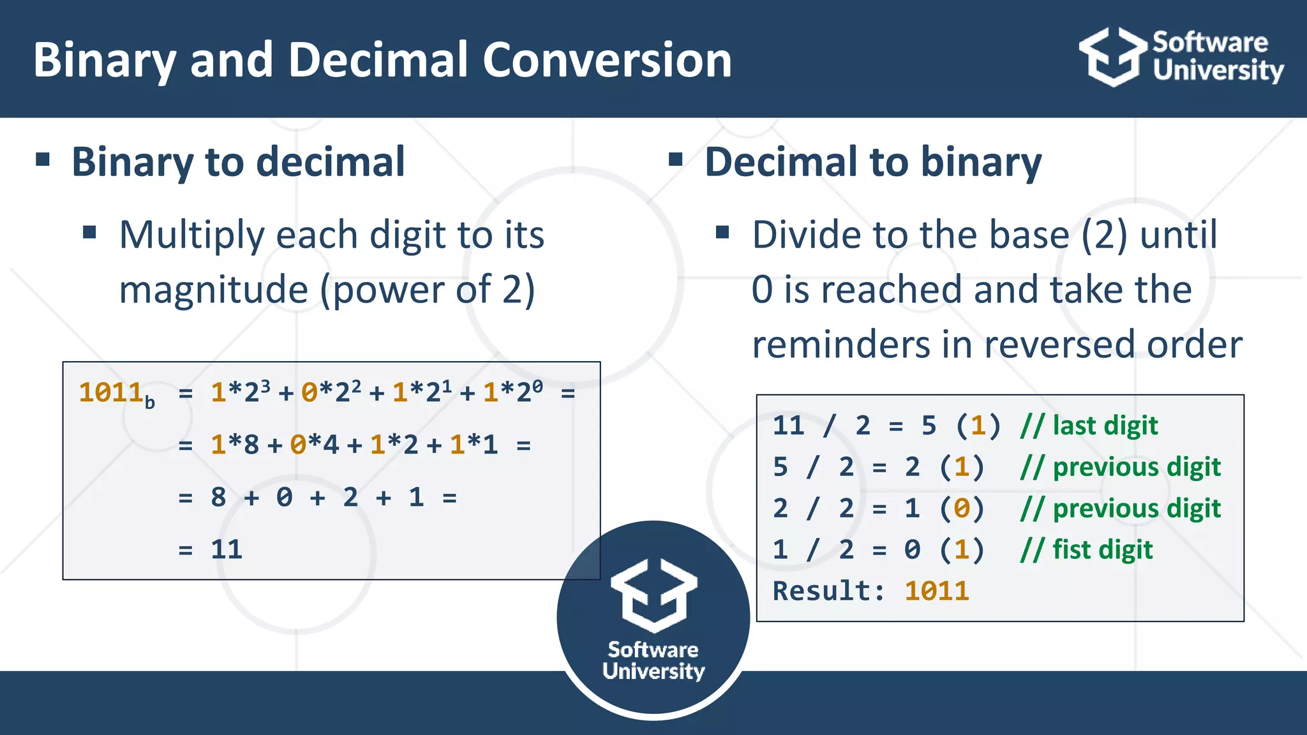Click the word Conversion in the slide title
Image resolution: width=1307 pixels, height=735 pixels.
(606, 59)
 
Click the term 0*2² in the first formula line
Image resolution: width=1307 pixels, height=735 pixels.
(331, 392)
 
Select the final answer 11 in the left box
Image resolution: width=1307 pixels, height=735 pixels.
(227, 549)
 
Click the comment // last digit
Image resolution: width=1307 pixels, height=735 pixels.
(1089, 426)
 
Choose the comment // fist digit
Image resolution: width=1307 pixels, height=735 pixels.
(1086, 549)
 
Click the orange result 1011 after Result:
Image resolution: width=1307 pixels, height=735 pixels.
(936, 591)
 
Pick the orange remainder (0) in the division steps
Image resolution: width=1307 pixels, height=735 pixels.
(962, 509)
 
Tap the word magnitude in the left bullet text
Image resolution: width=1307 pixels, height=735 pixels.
(214, 290)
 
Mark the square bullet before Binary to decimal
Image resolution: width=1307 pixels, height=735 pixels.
(43, 159)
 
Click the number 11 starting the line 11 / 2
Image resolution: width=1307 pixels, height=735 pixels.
(788, 426)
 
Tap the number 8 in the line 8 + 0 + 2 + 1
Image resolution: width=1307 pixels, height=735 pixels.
(218, 497)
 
